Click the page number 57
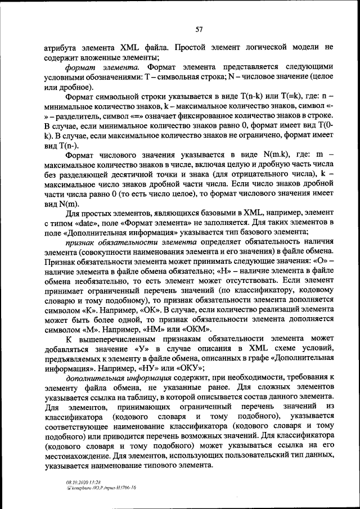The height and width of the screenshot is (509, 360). [199, 29]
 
